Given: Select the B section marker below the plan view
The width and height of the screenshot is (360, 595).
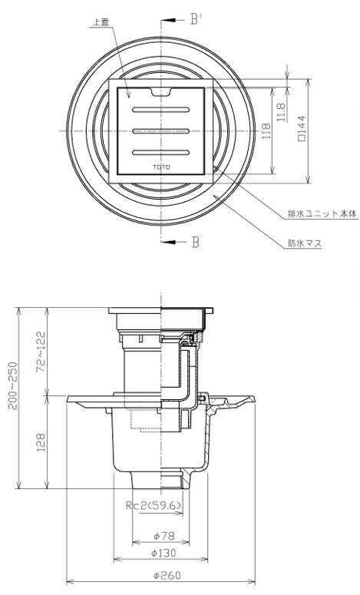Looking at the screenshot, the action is click(195, 242).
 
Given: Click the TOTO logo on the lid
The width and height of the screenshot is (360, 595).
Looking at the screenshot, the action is click(161, 167).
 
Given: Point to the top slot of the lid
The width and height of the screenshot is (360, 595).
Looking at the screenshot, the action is click(161, 110).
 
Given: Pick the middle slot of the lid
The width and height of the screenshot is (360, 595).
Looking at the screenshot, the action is click(161, 131).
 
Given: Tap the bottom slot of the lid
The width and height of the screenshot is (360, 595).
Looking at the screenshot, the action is click(161, 153).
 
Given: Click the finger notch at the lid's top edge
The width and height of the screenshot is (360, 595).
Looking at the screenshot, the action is click(161, 91).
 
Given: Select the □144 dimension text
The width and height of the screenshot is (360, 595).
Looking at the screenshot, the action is click(302, 128).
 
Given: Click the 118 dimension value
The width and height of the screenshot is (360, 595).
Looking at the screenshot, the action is click(266, 131).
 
